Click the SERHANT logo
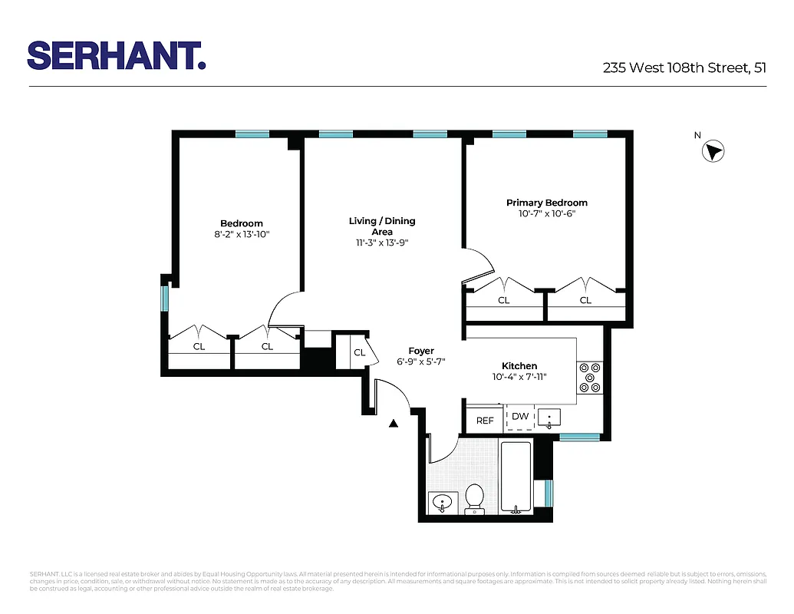point(116,55)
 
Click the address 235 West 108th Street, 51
point(684,68)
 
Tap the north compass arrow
point(713,151)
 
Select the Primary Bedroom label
point(546,203)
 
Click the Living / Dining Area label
point(382,226)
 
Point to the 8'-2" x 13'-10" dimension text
point(242,234)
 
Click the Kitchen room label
point(519,366)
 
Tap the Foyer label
point(420,351)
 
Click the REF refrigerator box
point(485,420)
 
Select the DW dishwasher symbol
point(520,417)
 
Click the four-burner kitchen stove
point(590,377)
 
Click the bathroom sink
point(443,503)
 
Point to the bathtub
point(516,476)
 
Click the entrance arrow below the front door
point(394,422)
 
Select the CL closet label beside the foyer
point(359,353)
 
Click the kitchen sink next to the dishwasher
point(549,418)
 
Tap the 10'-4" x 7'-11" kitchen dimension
point(519,377)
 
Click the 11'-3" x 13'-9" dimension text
point(382,243)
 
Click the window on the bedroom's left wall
point(164,298)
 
